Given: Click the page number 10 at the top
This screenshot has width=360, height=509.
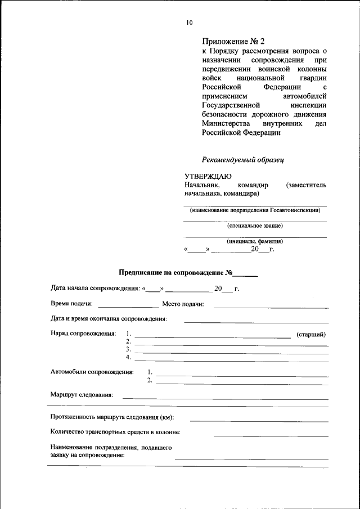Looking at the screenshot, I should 189,22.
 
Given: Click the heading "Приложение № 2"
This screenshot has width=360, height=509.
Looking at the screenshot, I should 233,42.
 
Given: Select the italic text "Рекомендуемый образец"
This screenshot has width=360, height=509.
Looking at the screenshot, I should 243,159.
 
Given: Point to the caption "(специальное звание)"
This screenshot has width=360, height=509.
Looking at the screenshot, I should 255,226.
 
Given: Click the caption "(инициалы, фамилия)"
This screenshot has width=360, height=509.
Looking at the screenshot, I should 255,241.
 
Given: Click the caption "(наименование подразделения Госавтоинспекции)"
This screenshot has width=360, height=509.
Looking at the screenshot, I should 255,210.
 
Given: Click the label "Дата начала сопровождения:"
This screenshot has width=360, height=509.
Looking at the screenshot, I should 96,289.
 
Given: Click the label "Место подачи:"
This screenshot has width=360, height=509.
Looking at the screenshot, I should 183,304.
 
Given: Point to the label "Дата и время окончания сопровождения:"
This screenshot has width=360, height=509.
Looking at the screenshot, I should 109,319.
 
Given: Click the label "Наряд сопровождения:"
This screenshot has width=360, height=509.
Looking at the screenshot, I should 83,334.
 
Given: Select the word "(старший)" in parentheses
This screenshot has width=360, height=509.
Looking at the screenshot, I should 311,334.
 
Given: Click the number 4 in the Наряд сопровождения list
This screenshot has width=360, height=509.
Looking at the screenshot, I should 128,357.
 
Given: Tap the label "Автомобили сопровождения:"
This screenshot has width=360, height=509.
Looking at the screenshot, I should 92,372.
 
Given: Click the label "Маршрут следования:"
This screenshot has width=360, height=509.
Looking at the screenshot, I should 82,395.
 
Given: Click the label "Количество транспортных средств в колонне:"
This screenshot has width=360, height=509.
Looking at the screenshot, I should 115,433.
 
